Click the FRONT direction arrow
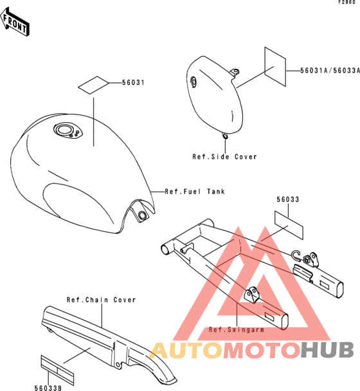click(x=15, y=22)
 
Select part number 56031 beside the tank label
click(x=133, y=82)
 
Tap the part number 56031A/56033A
click(x=330, y=71)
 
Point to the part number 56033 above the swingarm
click(x=288, y=199)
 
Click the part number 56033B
click(x=48, y=388)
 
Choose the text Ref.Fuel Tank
click(x=195, y=192)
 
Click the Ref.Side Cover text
click(x=224, y=157)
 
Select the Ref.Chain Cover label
click(x=101, y=300)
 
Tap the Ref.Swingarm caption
click(x=236, y=330)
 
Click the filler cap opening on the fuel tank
click(x=64, y=130)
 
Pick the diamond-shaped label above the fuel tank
click(x=93, y=85)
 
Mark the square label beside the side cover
click(x=275, y=67)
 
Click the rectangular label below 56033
click(x=289, y=225)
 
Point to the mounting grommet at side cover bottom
click(x=224, y=136)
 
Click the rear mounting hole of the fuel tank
click(x=142, y=215)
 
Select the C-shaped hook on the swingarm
click(x=296, y=256)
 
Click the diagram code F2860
click(x=346, y=2)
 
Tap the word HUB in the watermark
click(x=327, y=350)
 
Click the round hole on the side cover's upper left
click(x=194, y=81)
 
